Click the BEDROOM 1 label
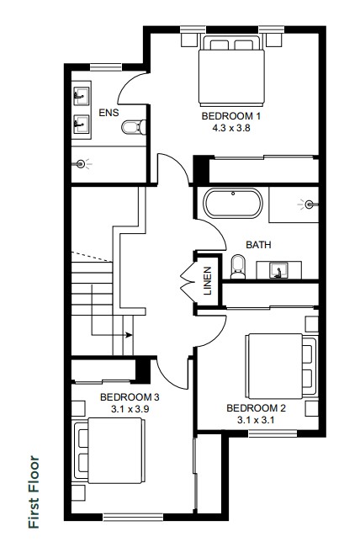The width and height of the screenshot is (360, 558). point(231,116)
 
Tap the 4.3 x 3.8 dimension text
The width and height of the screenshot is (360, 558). point(231,128)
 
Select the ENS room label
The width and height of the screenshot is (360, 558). point(109,113)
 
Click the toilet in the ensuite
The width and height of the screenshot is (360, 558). point(134,127)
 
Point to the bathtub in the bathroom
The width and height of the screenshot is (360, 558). point(233,203)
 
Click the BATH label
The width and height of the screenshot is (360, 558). point(258,245)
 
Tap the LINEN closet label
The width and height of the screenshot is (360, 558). point(208,281)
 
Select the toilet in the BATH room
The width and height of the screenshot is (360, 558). point(238,267)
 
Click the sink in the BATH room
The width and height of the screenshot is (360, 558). point(279,270)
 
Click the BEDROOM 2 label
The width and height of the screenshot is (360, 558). point(257,408)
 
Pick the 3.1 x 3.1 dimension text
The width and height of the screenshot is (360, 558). point(257,420)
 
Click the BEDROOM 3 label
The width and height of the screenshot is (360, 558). point(130,397)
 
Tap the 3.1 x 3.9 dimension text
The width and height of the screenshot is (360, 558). point(130,409)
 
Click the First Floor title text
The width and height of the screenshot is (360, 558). point(34,492)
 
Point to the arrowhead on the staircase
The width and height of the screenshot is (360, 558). point(130,335)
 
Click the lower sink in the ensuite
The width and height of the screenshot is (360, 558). point(82,124)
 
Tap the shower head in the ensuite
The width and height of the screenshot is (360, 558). point(81,164)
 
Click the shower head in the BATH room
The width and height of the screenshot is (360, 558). point(309,205)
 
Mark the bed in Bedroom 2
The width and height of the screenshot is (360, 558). point(281,366)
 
